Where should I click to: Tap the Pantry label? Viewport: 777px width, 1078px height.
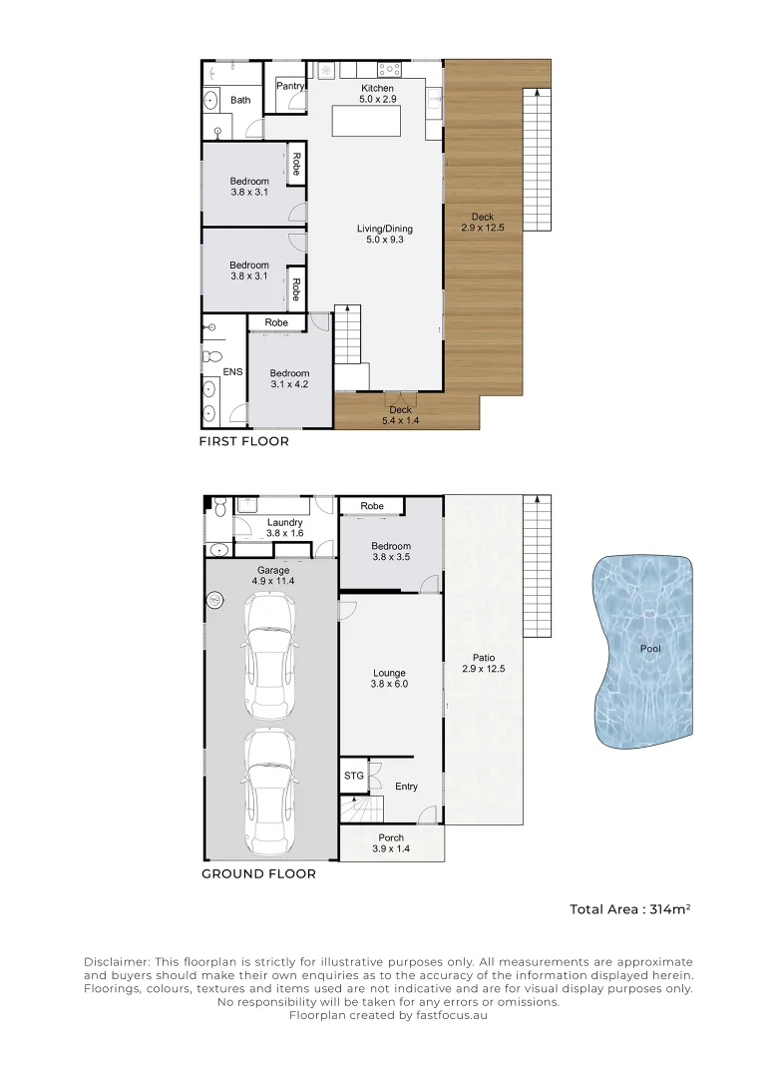pyautogui.click(x=290, y=87)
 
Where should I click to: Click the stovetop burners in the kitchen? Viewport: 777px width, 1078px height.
pyautogui.click(x=389, y=71)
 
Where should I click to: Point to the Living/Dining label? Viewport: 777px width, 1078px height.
pyautogui.click(x=384, y=229)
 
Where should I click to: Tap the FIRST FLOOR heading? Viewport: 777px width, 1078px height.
pyautogui.click(x=244, y=441)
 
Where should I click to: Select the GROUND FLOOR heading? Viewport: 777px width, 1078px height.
pyautogui.click(x=258, y=873)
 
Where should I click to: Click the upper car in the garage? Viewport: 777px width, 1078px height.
pyautogui.click(x=268, y=656)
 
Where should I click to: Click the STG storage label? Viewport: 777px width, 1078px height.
pyautogui.click(x=354, y=775)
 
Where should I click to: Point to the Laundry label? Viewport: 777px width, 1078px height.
pyautogui.click(x=285, y=523)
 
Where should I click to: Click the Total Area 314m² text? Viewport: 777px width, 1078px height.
pyautogui.click(x=630, y=909)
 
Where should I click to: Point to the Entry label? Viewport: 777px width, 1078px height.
pyautogui.click(x=406, y=787)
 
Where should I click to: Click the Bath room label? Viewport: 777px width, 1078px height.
pyautogui.click(x=240, y=100)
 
